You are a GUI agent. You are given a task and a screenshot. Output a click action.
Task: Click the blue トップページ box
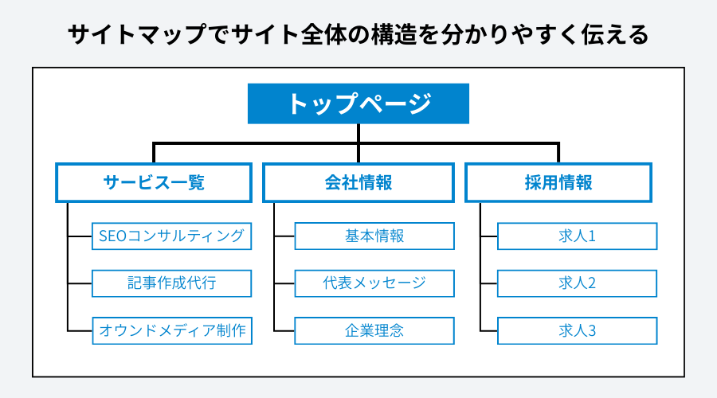coord(358,104)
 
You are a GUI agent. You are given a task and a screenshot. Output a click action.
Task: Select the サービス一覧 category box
coord(154,182)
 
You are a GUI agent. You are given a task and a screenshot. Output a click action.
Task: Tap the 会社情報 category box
coord(358,182)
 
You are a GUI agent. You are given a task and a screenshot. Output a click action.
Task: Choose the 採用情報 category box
coord(558,182)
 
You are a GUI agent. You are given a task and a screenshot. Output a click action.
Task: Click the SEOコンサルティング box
coord(172,236)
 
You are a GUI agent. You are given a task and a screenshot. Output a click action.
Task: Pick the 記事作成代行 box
coord(172,283)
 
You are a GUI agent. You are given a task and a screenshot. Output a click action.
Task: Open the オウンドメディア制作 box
coord(172,330)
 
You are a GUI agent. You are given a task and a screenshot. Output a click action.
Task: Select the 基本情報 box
coord(374,236)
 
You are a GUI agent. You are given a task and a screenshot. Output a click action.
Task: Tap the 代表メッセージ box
coord(374,283)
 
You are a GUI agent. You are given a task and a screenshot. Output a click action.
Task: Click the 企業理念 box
coord(374,330)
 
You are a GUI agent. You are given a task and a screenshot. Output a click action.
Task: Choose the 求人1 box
coord(578,236)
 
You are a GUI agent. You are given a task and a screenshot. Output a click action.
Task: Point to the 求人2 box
coord(578,283)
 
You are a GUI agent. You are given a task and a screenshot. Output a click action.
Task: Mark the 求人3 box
coord(578,330)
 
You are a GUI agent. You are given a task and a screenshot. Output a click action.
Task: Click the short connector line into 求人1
coord(489,236)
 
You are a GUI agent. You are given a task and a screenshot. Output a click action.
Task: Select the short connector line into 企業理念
coord(284,330)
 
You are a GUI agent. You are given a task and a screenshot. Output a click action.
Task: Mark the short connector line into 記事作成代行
coord(80,283)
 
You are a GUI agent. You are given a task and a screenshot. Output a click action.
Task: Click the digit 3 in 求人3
coord(592,330)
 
